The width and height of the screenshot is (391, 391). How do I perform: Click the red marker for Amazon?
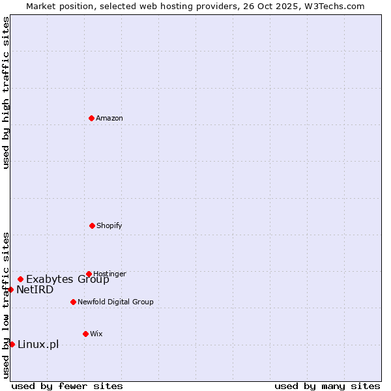92,118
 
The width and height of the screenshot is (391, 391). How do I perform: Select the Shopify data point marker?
92,225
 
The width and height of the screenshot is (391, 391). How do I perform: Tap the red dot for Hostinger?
89,274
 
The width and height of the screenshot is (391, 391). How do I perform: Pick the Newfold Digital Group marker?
73,302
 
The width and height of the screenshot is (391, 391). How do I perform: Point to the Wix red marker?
85,334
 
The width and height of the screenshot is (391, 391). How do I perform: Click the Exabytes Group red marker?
20,279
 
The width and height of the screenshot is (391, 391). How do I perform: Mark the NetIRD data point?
11,289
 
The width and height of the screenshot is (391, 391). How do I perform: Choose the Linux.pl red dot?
12,344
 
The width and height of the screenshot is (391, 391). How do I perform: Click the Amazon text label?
109,119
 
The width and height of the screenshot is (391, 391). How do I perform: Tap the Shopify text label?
109,226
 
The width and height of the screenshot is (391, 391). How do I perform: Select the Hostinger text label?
109,274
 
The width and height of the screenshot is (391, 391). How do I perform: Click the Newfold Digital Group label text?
115,302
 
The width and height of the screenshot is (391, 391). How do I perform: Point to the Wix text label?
96,334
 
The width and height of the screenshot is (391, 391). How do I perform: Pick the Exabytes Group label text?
68,280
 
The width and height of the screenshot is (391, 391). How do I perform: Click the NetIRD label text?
35,290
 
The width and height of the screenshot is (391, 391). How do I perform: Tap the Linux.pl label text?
38,345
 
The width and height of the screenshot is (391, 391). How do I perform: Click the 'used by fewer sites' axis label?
67,386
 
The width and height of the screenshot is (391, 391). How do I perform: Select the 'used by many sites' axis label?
327,386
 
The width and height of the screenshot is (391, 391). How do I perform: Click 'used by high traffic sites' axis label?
6,93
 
